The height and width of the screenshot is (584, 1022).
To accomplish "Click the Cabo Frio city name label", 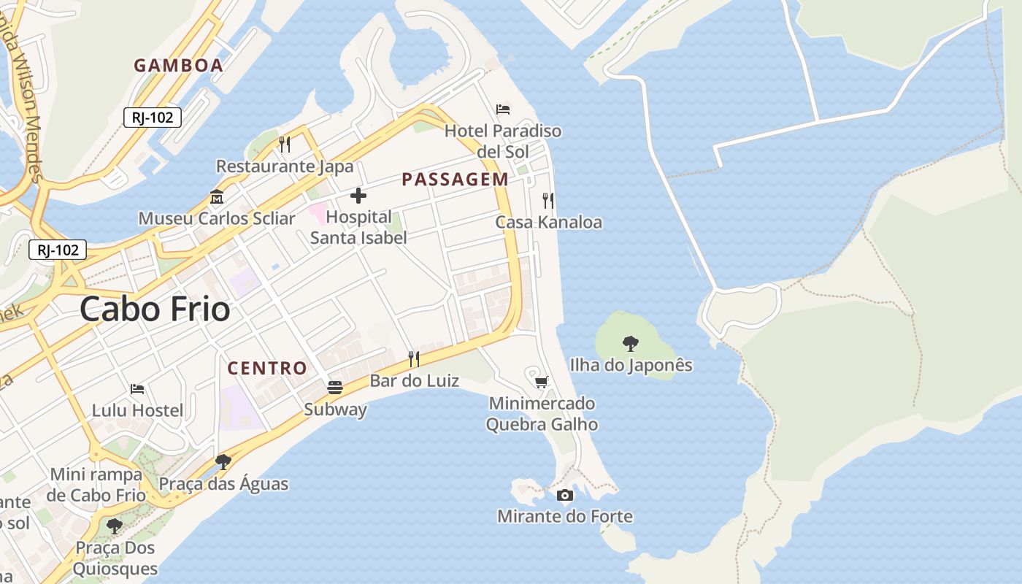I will pyautogui.click(x=155, y=310).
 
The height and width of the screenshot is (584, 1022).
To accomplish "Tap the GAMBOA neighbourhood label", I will pyautogui.click(x=178, y=66).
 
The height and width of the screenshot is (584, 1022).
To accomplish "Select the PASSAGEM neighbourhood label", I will pyautogui.click(x=455, y=180).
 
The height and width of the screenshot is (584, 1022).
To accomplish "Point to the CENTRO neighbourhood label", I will pyautogui.click(x=267, y=368).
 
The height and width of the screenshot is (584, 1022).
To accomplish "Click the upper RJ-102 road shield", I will pyautogui.click(x=152, y=117).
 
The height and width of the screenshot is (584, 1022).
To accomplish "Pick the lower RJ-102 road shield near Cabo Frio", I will pyautogui.click(x=58, y=250).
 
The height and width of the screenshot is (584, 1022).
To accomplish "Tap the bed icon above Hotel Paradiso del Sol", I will pyautogui.click(x=503, y=109).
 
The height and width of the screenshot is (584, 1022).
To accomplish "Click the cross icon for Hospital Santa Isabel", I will pyautogui.click(x=358, y=196).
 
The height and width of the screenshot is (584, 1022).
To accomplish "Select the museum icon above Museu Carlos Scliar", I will pyautogui.click(x=217, y=197).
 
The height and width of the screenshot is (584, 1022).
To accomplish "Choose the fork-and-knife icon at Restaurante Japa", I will pyautogui.click(x=285, y=145).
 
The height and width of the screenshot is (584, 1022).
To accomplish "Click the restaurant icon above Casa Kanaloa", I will pyautogui.click(x=548, y=200).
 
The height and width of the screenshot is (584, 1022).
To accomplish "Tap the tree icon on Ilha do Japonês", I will pyautogui.click(x=630, y=343).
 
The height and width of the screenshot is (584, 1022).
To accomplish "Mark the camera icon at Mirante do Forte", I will pyautogui.click(x=564, y=496).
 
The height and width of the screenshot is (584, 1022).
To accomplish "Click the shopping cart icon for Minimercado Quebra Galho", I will pyautogui.click(x=542, y=382).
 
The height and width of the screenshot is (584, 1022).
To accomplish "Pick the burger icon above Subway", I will pyautogui.click(x=335, y=388).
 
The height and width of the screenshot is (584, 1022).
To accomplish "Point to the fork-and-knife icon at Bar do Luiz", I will pyautogui.click(x=414, y=358).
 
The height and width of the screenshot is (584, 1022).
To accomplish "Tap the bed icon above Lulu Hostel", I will pyautogui.click(x=137, y=389).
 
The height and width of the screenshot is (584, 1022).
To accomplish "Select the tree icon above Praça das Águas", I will pyautogui.click(x=223, y=462).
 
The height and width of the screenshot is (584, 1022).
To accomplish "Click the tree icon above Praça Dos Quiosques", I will pyautogui.click(x=114, y=526).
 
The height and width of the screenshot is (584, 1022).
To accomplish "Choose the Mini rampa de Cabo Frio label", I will pyautogui.click(x=96, y=485).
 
